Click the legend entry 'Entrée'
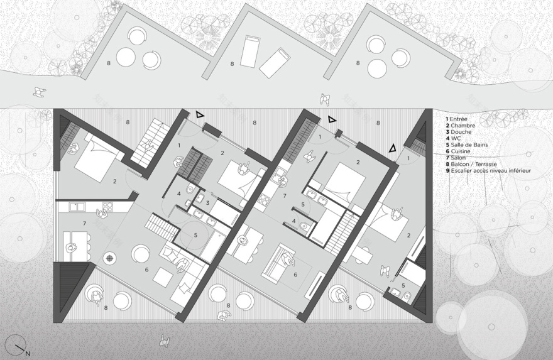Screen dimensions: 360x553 [460, 117]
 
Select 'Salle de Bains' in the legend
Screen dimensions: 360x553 [468, 144]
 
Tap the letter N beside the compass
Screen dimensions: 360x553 [28, 353]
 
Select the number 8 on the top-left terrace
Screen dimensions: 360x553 [108, 63]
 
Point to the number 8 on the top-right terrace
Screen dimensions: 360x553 [358, 63]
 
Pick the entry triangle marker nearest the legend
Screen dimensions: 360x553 [394, 148]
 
